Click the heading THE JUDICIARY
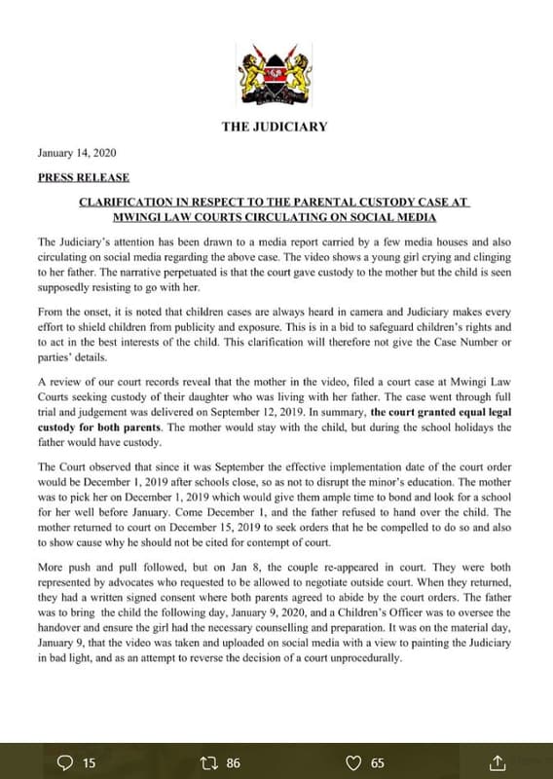275,127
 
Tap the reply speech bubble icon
66,762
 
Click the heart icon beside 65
354,762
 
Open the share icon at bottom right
498,762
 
